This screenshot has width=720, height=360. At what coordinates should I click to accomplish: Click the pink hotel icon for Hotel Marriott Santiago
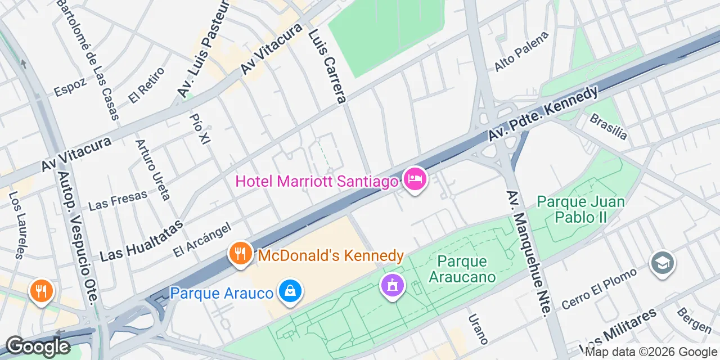point(415,180)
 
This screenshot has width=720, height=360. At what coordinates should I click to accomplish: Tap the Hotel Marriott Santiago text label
point(317,182)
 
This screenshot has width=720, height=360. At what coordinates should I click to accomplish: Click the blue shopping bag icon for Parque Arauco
point(290,291)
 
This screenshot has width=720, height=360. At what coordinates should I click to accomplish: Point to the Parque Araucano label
point(466,269)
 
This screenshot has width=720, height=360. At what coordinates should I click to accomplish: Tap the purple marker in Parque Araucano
point(392,285)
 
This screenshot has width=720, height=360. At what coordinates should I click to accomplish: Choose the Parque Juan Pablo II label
point(580,209)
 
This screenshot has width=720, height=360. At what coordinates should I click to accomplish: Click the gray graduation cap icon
point(662,263)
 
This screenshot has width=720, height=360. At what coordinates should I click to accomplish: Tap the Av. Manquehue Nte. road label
point(526,254)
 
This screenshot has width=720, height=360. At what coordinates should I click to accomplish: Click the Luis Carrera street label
point(327,66)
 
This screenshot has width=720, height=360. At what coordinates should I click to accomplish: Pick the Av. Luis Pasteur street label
point(203,49)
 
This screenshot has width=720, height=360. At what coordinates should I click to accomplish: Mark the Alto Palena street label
point(521,52)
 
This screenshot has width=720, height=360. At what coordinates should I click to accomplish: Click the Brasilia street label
point(608,127)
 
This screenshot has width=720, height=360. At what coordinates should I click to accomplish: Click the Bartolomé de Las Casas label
point(88,59)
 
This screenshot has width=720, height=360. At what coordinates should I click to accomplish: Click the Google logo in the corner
point(38,346)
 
